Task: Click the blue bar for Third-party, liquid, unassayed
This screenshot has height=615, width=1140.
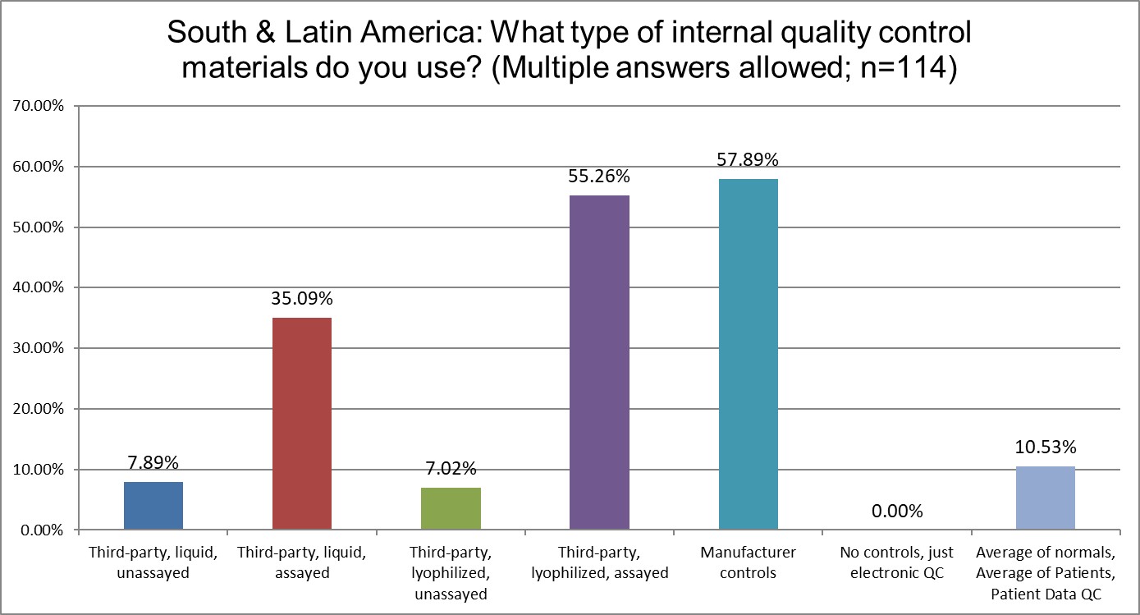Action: point(153,506)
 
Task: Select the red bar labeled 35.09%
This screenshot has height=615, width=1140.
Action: point(301,424)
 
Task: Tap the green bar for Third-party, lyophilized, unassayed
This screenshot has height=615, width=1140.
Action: point(451,509)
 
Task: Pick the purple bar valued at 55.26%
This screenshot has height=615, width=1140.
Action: point(599,362)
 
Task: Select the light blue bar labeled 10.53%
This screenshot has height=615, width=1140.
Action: point(1045,498)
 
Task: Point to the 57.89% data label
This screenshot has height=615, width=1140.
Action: point(748,158)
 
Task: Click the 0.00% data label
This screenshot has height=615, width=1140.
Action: point(896,512)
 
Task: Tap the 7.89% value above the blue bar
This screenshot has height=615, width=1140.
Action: point(153,462)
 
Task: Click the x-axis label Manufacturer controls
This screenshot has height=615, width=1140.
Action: point(748,562)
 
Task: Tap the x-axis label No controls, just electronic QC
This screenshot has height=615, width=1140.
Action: point(896,562)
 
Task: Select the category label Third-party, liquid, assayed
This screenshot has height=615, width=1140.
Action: point(301,562)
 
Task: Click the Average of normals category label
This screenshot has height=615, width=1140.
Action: point(1045,552)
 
